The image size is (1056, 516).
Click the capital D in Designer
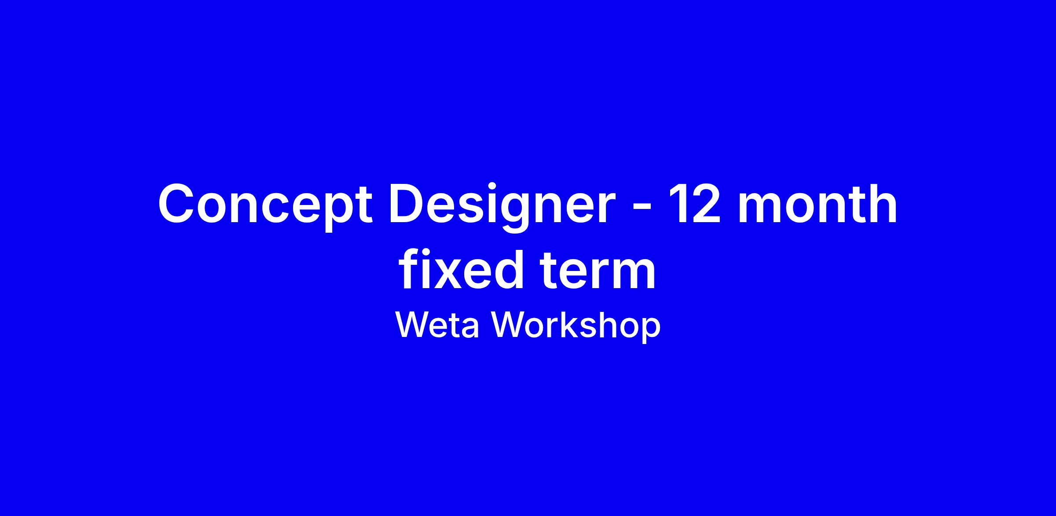click(407, 204)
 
